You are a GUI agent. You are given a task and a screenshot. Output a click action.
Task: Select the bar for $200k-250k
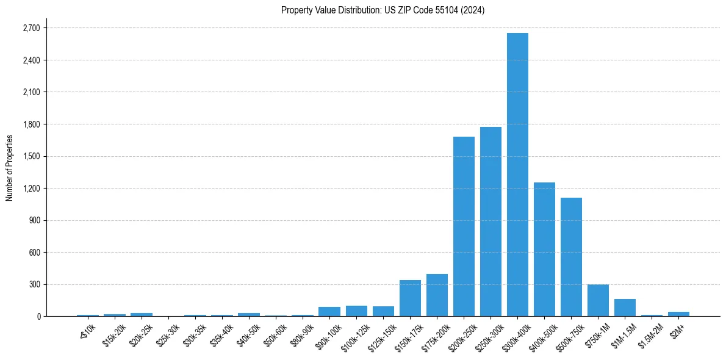(464, 226)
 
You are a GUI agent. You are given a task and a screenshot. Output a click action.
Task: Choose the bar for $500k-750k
(571, 257)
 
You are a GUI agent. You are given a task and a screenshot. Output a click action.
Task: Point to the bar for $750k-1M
(598, 300)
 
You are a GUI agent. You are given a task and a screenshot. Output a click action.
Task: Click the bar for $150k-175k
(410, 298)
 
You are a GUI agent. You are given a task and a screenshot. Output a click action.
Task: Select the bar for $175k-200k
(437, 295)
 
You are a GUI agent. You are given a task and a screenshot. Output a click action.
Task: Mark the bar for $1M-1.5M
(625, 308)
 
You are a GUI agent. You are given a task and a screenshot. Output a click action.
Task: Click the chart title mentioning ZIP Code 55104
(383, 10)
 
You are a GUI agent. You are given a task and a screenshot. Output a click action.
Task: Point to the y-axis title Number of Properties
(9, 167)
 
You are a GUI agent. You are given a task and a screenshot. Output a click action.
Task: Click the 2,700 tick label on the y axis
(31, 28)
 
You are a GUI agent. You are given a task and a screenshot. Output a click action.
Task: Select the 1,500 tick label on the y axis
(31, 156)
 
